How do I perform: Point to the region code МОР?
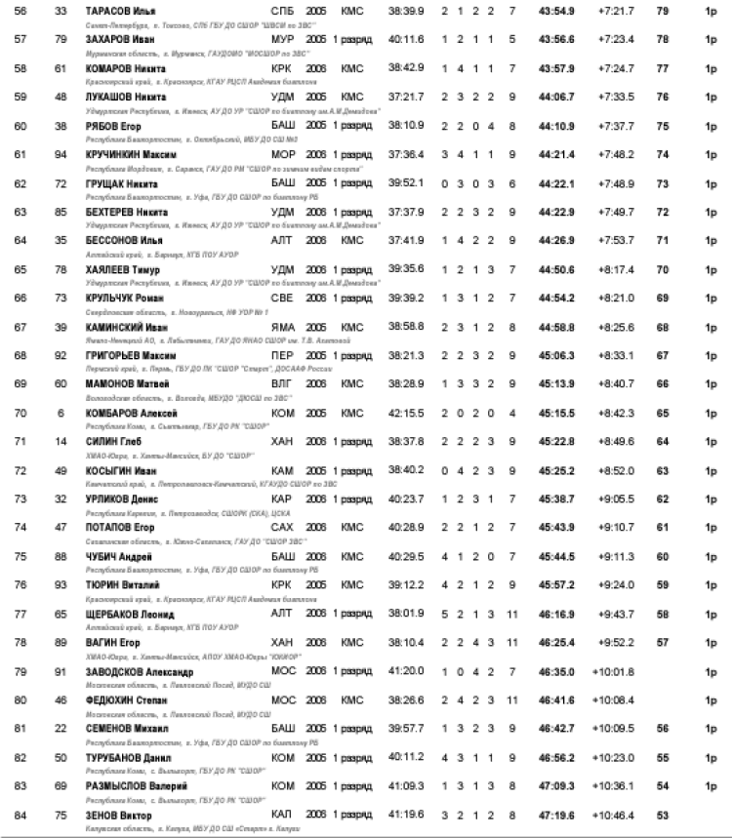283,153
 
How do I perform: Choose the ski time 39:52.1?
404,182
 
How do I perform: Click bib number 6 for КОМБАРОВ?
61,413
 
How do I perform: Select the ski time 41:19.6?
404,814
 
